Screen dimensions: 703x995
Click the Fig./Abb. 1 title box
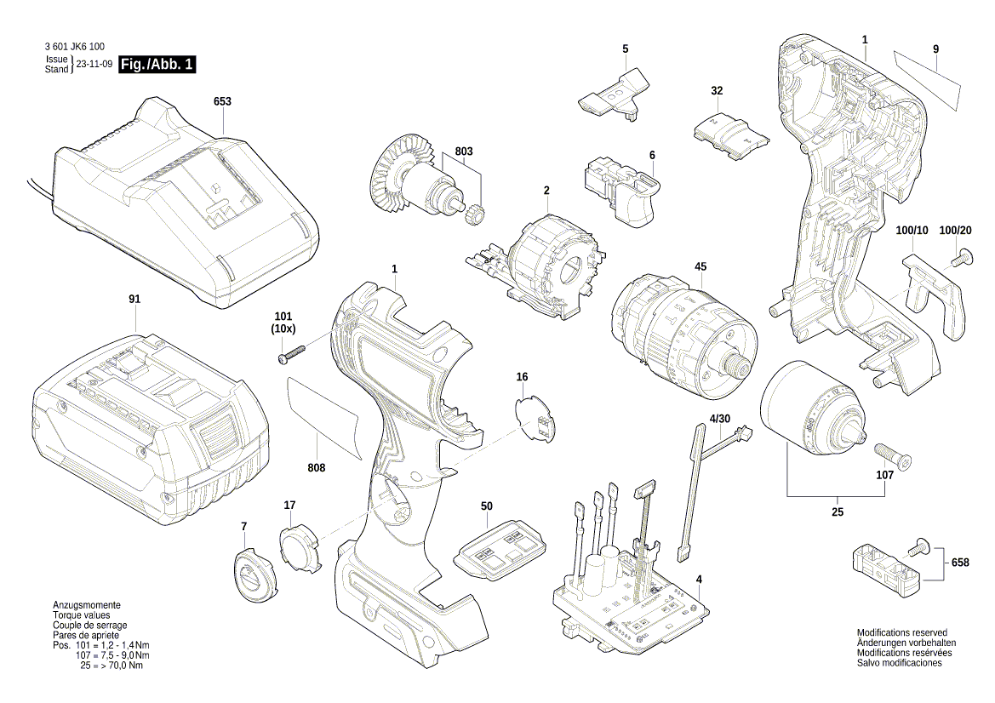point(158,65)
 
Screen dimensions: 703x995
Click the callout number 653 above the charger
point(222,101)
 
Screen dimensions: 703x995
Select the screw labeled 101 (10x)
point(291,355)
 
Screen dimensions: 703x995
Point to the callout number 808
point(317,467)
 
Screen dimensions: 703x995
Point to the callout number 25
point(837,512)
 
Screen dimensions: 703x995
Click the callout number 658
point(960,563)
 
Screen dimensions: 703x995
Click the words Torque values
point(81,614)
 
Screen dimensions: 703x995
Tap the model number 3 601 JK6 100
point(73,49)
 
